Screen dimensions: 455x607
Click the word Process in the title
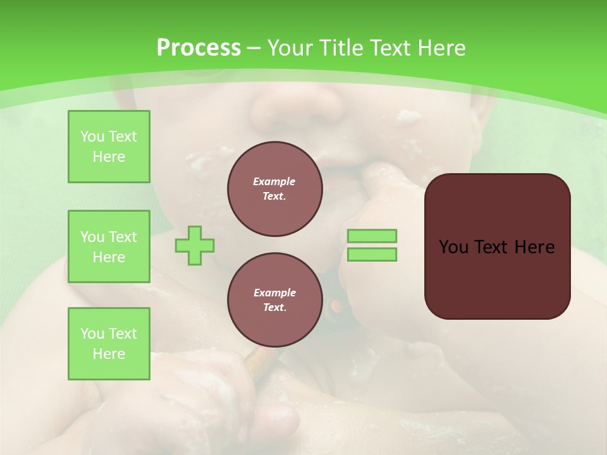[x=199, y=48]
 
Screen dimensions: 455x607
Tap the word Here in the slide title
[x=440, y=48]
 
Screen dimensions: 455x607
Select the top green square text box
[x=109, y=147]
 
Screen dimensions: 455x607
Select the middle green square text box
[x=109, y=246]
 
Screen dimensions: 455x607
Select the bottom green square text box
[x=109, y=344]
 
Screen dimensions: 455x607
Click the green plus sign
[x=195, y=245]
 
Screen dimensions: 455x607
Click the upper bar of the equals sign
[x=372, y=236]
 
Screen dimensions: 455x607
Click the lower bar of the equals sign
[x=372, y=255]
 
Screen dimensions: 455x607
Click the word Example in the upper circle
[x=274, y=181]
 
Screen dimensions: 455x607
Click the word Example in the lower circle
[x=274, y=293]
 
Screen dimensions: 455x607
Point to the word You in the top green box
[x=92, y=136]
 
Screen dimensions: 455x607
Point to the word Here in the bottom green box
[x=109, y=354]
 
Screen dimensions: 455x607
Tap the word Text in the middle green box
[x=122, y=237]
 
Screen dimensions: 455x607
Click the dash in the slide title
[x=254, y=48]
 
